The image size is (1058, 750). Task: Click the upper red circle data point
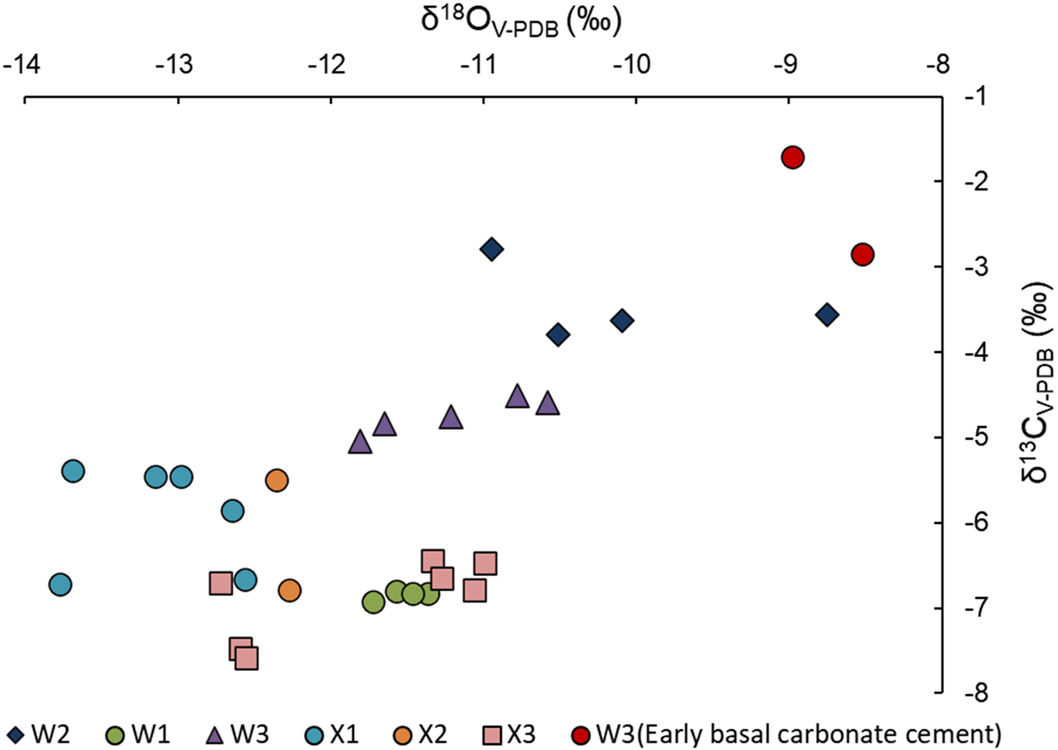(x=793, y=158)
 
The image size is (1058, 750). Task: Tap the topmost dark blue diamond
(x=491, y=249)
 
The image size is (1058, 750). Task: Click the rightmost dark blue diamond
(x=827, y=315)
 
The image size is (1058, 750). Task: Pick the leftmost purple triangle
(x=360, y=442)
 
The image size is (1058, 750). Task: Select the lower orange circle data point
(x=290, y=590)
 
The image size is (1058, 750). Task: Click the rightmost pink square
(x=485, y=563)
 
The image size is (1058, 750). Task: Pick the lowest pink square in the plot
(x=247, y=658)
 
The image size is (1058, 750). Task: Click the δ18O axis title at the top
(x=521, y=23)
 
